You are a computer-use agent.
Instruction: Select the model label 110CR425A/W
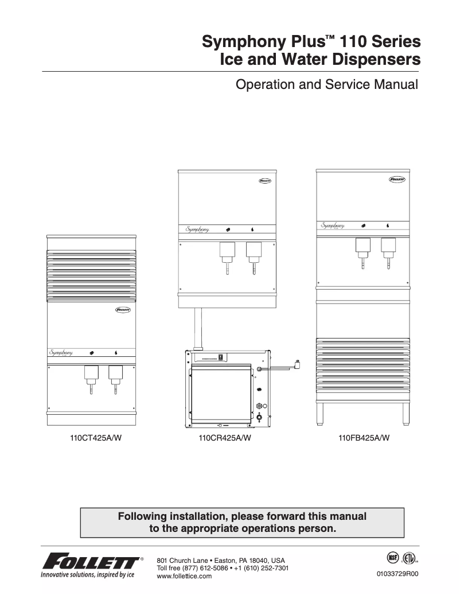pyautogui.click(x=225, y=440)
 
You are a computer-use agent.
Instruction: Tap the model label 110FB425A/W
pyautogui.click(x=364, y=440)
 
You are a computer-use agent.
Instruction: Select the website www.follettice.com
pyautogui.click(x=184, y=576)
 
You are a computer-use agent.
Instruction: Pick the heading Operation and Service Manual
pyautogui.click(x=328, y=85)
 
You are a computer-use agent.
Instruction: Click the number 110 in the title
pyautogui.click(x=357, y=42)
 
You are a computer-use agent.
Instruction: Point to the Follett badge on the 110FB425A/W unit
pyautogui.click(x=397, y=179)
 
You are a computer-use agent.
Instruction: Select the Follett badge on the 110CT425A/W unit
pyautogui.click(x=122, y=310)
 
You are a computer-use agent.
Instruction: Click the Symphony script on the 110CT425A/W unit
pyautogui.click(x=60, y=352)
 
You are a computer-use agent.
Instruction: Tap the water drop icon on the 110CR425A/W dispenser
pyautogui.click(x=253, y=230)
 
